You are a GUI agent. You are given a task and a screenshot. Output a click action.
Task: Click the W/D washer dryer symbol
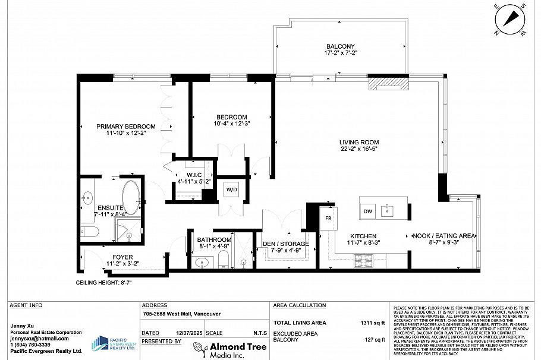tap(231, 190)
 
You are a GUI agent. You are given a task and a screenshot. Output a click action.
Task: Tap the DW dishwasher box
tap(367, 211)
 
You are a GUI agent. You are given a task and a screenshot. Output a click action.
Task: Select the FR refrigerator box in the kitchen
tap(328, 218)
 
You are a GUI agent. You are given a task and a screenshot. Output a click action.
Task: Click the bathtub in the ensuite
tap(131, 197)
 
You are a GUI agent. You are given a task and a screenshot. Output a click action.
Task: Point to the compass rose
tap(508, 19)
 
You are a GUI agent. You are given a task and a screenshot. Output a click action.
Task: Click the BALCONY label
tap(340, 47)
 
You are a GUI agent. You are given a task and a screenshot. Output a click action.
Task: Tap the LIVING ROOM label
tap(359, 142)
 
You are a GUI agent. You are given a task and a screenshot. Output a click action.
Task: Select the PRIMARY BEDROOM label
tap(126, 127)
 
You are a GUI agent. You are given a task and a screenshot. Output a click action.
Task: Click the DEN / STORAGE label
tap(286, 244)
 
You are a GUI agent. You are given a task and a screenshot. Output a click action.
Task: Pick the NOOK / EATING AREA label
tap(444, 236)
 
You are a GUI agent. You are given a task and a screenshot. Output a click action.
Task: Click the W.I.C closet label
tap(194, 174)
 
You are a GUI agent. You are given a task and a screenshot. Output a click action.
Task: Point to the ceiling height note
tap(103, 283)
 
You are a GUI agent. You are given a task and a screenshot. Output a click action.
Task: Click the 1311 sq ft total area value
tap(374, 323)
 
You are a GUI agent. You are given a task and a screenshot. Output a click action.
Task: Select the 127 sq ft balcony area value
tap(375, 340)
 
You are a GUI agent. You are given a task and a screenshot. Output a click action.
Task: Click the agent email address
tap(40, 339)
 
